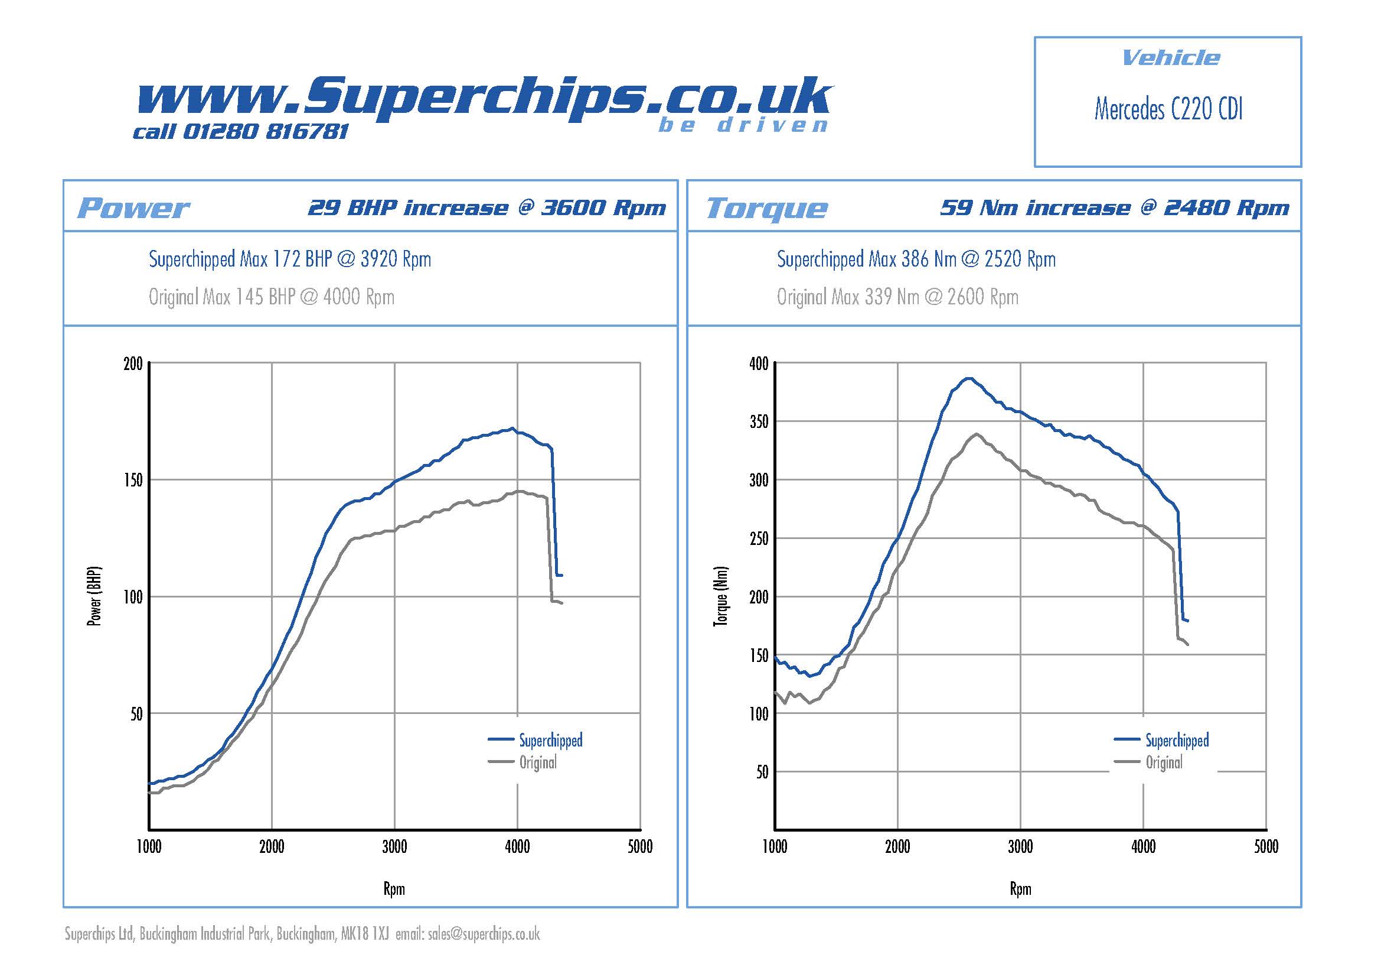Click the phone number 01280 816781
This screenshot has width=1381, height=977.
tap(265, 132)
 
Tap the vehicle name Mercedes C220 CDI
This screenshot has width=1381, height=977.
tap(1167, 109)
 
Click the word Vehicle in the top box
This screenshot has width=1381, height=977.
tap(1170, 59)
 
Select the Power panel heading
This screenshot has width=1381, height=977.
tap(133, 208)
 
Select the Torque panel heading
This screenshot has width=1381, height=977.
tap(766, 208)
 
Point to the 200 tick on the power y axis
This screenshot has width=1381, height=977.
tap(133, 363)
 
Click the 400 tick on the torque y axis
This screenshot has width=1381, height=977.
tap(759, 363)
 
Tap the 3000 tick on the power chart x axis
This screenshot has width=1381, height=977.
tap(394, 846)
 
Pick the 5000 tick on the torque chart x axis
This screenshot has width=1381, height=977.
tap(1265, 846)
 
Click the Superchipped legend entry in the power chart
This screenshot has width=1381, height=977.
tap(550, 740)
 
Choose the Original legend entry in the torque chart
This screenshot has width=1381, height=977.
tap(1164, 762)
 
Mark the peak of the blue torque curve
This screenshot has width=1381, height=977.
tap(968, 378)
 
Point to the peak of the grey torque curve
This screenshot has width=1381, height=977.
tap(975, 433)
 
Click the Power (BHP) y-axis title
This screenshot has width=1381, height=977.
tap(95, 596)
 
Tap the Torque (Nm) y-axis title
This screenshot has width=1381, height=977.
tap(721, 596)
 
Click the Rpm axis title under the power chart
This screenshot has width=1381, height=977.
tap(394, 888)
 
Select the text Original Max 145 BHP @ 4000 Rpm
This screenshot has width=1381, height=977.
tap(271, 297)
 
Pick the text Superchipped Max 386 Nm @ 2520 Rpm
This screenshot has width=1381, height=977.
tap(916, 259)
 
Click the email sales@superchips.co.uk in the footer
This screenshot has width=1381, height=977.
tap(484, 934)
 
